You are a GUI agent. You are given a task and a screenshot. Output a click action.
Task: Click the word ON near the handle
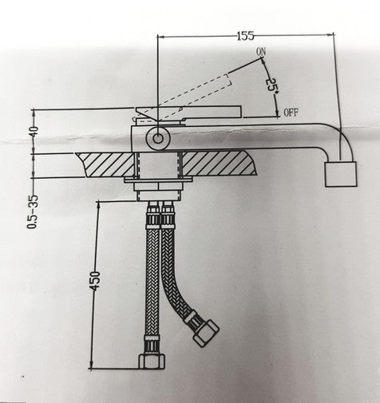260,53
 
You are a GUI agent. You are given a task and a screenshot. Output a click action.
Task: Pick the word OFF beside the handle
291,113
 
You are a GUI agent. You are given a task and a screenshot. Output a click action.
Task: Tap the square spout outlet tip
342,172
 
